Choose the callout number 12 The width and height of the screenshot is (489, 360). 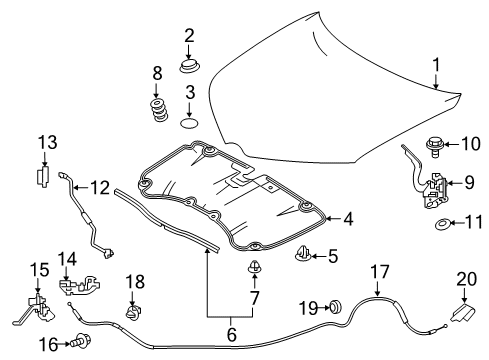click(100, 186)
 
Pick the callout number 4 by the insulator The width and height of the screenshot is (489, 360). click(347, 218)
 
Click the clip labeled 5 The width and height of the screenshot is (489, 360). click(304, 258)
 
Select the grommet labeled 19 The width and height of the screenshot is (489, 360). click(337, 308)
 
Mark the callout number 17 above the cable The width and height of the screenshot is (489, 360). click(378, 271)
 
